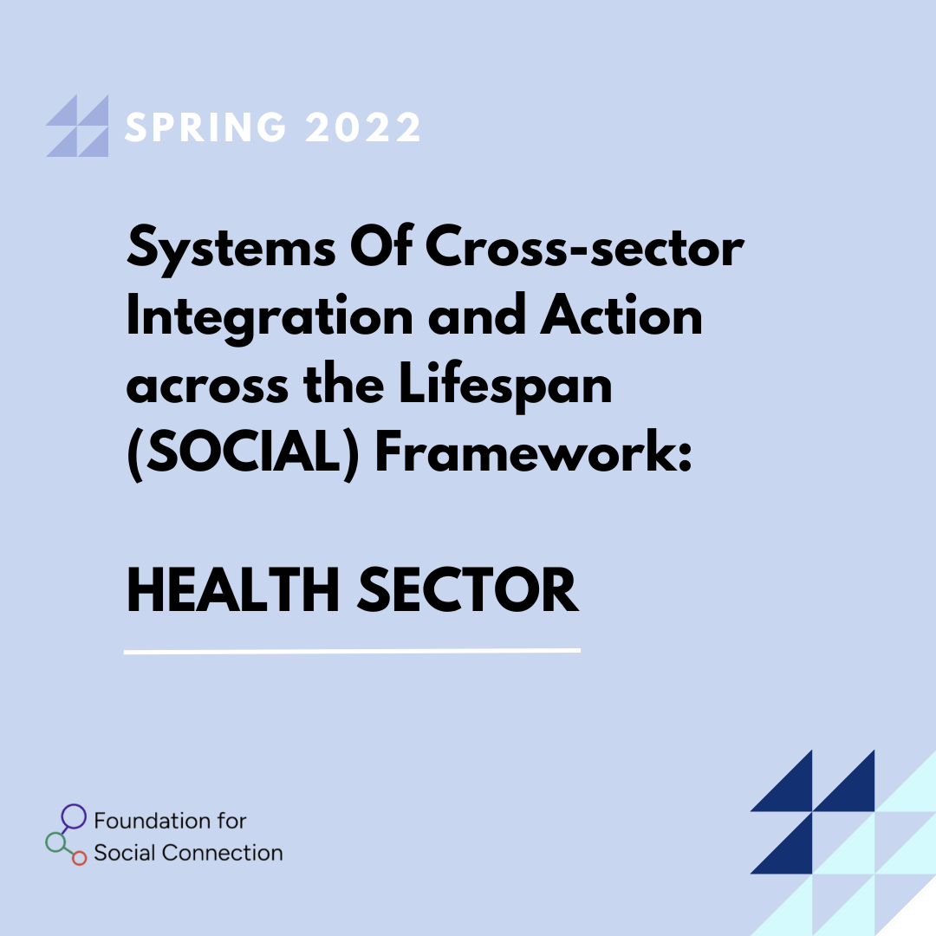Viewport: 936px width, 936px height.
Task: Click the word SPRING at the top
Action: pos(205,127)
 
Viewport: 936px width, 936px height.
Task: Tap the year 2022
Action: pos(363,127)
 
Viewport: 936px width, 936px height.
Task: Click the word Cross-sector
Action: pos(584,246)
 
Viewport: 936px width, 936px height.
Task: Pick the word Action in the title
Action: pos(621,315)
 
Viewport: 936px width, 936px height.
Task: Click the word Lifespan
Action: pos(505,387)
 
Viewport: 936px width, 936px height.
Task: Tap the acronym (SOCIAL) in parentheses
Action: pos(243,453)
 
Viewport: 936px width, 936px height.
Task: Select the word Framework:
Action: pos(533,452)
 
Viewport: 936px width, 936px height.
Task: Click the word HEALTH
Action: pos(233,590)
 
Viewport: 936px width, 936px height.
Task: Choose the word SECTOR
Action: pos(468,590)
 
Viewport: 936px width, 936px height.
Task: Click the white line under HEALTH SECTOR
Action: pos(352,651)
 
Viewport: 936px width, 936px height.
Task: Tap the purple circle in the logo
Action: pos(74,816)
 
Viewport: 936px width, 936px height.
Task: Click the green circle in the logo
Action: pos(55,842)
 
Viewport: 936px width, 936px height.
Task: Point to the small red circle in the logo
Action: pos(80,858)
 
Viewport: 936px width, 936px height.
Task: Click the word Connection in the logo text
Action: pos(222,853)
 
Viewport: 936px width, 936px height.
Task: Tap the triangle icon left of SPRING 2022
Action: pos(78,126)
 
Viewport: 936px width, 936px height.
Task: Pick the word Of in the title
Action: pos(380,245)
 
